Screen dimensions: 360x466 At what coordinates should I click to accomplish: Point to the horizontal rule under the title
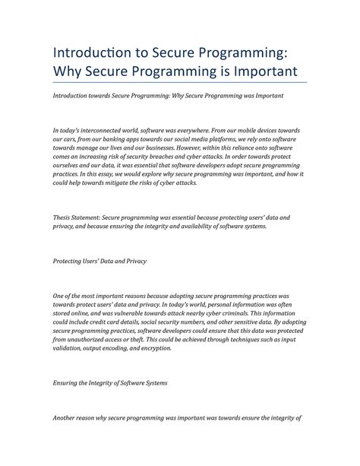coord(180,82)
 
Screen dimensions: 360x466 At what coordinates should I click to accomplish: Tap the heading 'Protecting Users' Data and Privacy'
coord(99,261)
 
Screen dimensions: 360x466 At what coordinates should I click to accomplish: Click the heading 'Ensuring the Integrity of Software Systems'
coord(109,384)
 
